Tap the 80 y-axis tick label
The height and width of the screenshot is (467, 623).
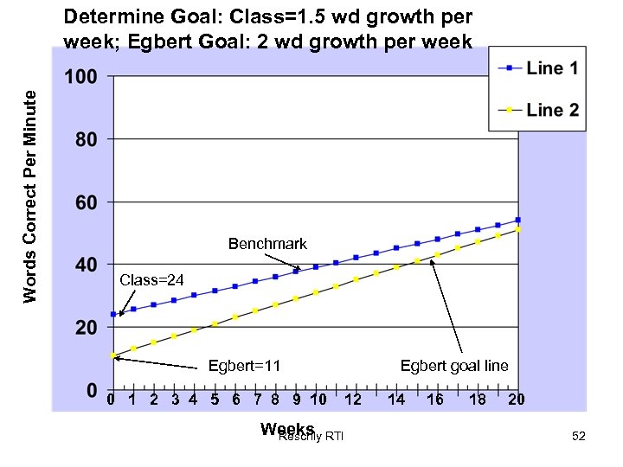tap(86, 139)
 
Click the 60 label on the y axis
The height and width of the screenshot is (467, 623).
tap(86, 203)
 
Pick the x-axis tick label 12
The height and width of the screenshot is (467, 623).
tap(352, 400)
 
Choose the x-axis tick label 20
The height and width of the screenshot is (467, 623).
tap(517, 400)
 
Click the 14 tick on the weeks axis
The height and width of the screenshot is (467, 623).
tap(395, 400)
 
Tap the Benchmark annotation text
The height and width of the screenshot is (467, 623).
tap(267, 245)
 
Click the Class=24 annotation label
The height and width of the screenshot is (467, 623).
tap(152, 279)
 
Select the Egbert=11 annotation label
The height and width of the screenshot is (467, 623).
tap(244, 366)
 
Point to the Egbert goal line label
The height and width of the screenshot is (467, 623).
tap(454, 366)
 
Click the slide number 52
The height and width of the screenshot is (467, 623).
tap(579, 436)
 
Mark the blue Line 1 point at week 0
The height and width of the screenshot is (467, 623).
tap(113, 314)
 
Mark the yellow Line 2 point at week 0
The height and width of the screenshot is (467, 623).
tap(113, 355)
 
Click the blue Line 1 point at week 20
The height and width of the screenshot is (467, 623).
tap(517, 220)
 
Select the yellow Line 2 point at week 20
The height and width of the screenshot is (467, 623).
tap(517, 230)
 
